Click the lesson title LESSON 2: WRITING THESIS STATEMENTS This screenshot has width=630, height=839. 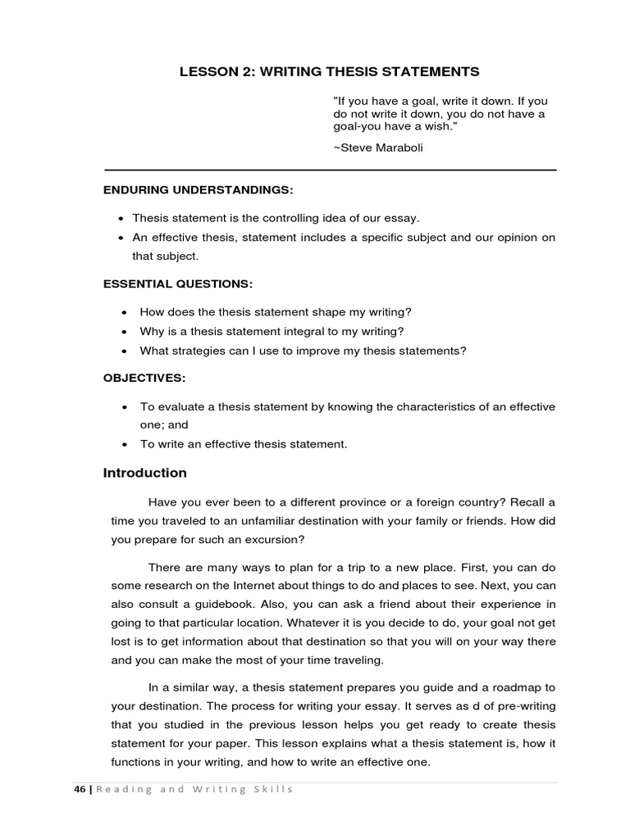pyautogui.click(x=329, y=72)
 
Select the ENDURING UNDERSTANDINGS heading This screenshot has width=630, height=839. pyautogui.click(x=198, y=190)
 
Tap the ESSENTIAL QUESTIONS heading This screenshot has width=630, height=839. pyautogui.click(x=178, y=283)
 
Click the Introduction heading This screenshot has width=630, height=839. pyautogui.click(x=144, y=473)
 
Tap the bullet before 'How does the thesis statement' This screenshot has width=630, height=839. pyautogui.click(x=123, y=312)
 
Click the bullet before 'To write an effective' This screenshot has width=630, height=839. pyautogui.click(x=123, y=444)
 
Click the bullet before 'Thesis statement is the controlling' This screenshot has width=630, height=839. pyautogui.click(x=121, y=219)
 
